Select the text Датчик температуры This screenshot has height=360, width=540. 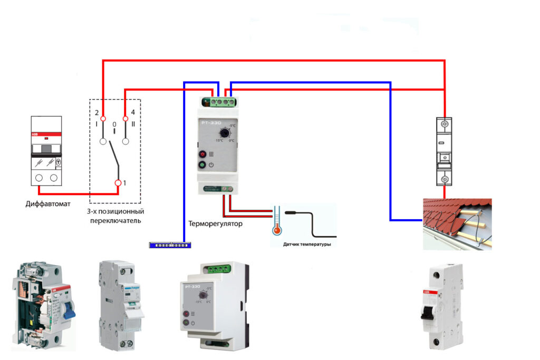pos(308,244)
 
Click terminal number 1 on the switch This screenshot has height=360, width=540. pos(118,183)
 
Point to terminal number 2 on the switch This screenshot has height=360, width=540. pos(103,119)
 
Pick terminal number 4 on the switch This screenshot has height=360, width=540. pos(125,119)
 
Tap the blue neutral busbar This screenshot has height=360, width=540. pos(170,245)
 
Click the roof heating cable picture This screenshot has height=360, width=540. pos(458,223)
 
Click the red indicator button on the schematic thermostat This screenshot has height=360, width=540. pos(202,154)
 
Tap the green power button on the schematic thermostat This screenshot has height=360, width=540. pos(202,165)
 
